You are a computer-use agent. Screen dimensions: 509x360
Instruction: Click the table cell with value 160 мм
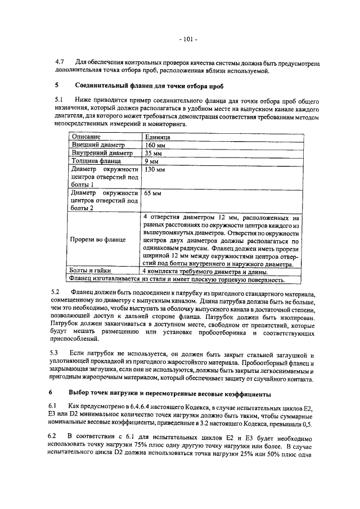pos(154,145)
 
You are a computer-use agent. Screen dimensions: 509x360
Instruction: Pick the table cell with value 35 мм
pos(152,153)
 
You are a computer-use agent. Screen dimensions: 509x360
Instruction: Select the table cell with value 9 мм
pos(151,161)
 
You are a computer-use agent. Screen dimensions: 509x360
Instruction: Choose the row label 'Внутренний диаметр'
pos(101,153)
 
